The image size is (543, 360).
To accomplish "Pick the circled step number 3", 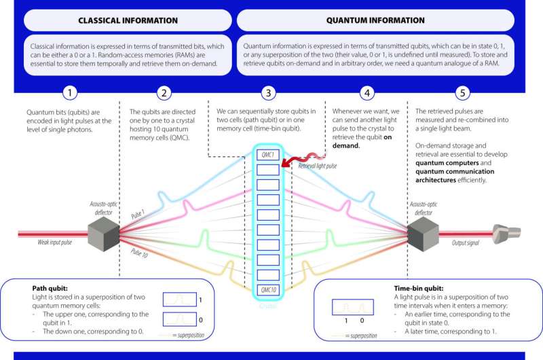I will tap(271, 92).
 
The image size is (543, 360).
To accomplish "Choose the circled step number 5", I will tap(465, 92).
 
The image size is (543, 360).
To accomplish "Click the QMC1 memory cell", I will tap(270, 154).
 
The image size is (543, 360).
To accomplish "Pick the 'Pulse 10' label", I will tap(140, 257).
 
